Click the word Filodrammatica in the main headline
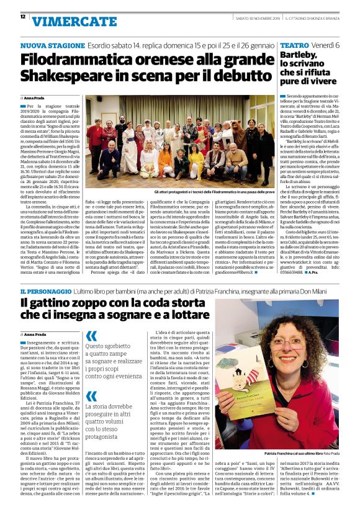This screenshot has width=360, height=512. tap(74, 60)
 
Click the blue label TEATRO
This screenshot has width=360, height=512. tap(294, 47)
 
